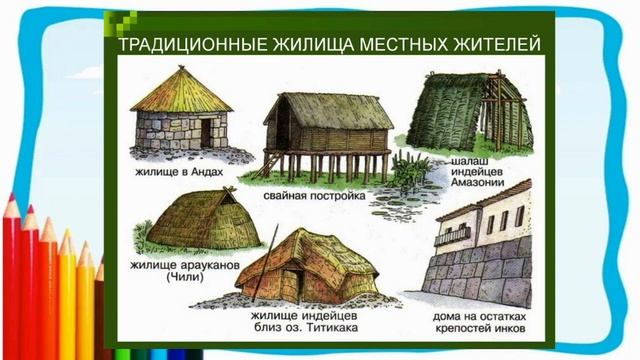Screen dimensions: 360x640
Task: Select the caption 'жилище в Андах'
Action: [x=179, y=171]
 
